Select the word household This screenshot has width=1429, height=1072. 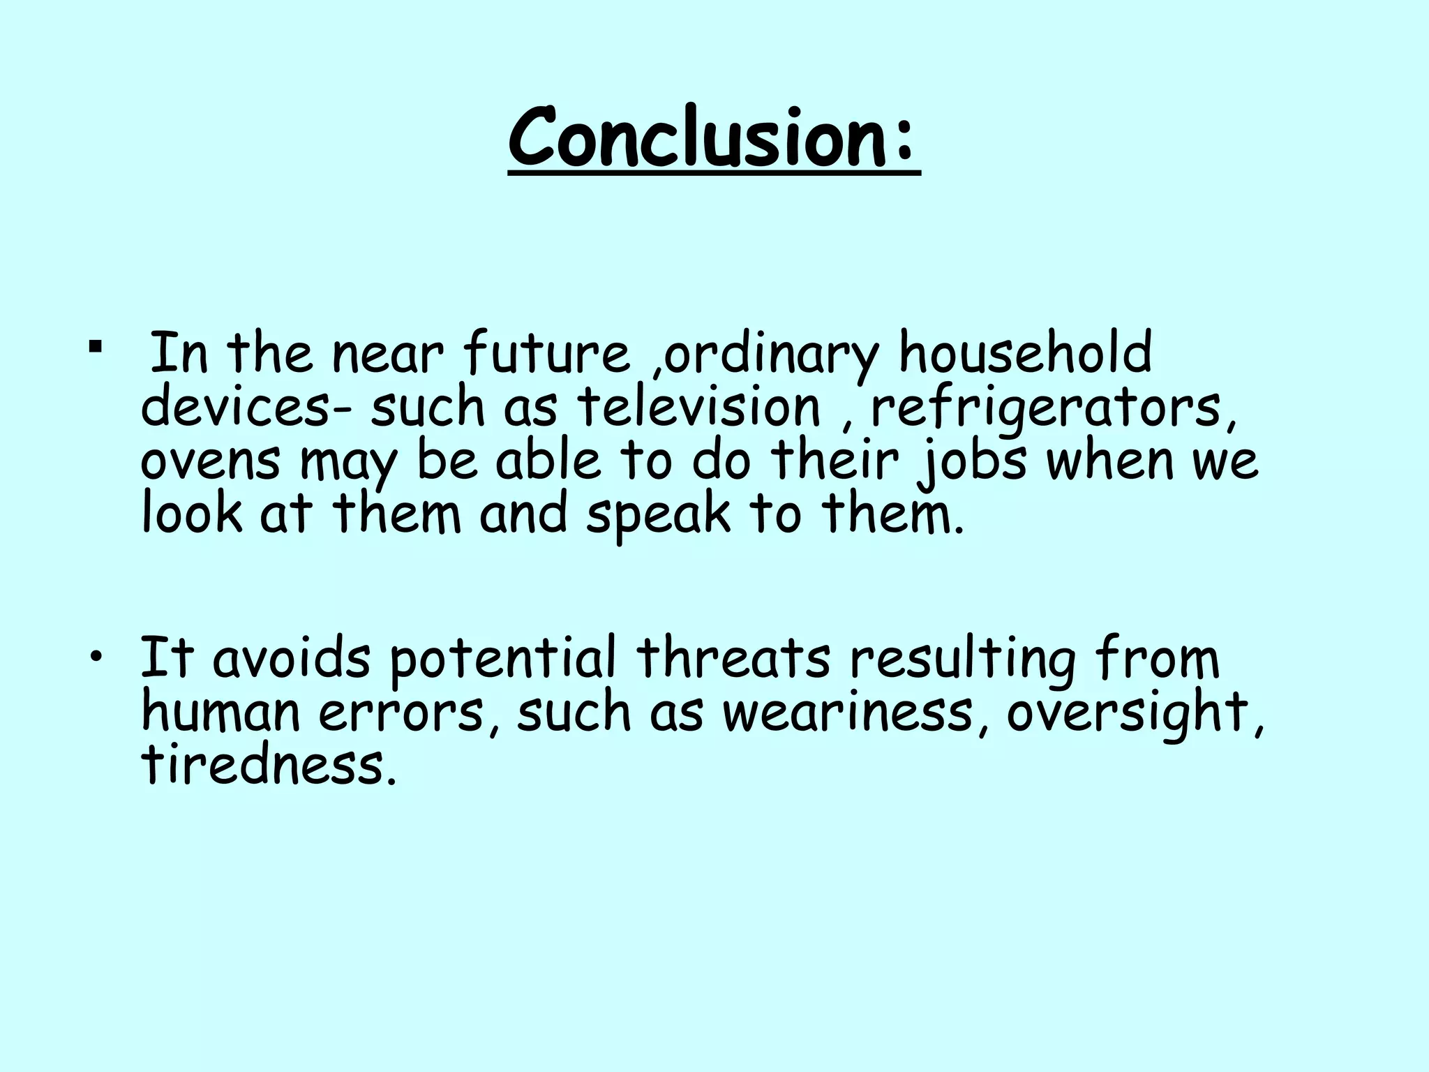pyautogui.click(x=1024, y=353)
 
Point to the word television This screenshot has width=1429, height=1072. pyautogui.click(x=698, y=407)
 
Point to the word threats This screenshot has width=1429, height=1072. pyautogui.click(x=733, y=659)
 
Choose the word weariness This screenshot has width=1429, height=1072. pyautogui.click(x=846, y=713)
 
